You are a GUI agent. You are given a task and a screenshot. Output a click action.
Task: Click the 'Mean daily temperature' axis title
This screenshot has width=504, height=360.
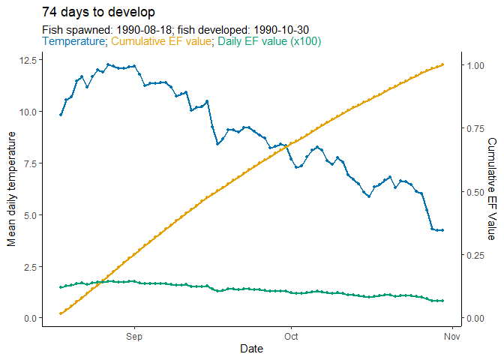11,188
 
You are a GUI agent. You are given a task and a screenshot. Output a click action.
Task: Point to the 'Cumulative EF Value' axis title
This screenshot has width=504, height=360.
492,188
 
